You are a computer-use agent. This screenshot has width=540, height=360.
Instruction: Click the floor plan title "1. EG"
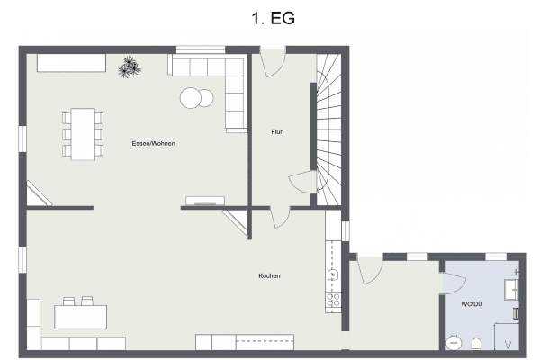273,18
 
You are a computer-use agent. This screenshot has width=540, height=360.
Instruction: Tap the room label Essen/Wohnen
154,143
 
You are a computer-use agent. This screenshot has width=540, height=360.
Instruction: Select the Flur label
277,131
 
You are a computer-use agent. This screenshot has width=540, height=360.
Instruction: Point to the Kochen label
269,275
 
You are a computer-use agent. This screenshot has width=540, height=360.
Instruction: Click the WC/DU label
472,304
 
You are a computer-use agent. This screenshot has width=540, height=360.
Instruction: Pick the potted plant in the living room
130,67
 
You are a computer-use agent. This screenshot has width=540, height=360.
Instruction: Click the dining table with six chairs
83,134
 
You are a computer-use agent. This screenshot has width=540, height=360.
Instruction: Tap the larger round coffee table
191,98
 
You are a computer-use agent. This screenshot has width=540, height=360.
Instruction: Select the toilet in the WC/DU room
477,344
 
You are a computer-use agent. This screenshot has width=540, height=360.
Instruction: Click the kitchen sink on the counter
333,274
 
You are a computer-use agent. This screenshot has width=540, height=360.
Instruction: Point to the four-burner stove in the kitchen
333,300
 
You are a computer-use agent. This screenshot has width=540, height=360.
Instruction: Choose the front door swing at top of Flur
273,63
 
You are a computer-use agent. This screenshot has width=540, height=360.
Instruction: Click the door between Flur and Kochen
280,217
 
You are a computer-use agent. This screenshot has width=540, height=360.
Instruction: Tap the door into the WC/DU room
454,283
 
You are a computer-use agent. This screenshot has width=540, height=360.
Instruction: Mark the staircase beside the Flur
328,130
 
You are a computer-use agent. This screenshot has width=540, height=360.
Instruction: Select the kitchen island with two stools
81,313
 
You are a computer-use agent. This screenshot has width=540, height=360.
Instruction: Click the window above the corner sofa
201,49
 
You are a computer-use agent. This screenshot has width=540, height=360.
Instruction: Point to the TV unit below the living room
205,201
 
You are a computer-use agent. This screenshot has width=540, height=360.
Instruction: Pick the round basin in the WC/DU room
454,343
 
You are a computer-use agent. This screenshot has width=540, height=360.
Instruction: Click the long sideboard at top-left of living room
71,63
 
